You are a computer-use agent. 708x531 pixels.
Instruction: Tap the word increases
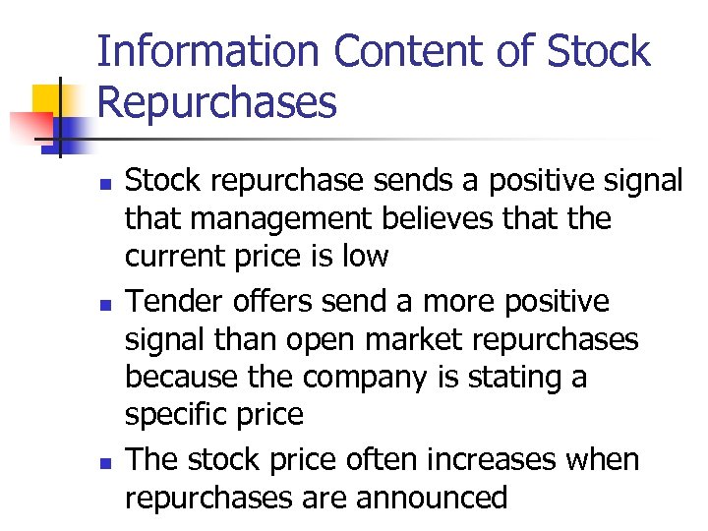coord(501,459)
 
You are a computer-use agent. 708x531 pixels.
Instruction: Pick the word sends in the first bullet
coord(404,180)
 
